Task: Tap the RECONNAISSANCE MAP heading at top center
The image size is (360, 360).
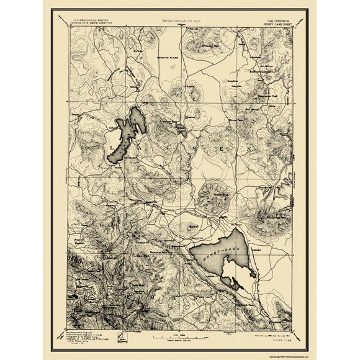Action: (x=179, y=20)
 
